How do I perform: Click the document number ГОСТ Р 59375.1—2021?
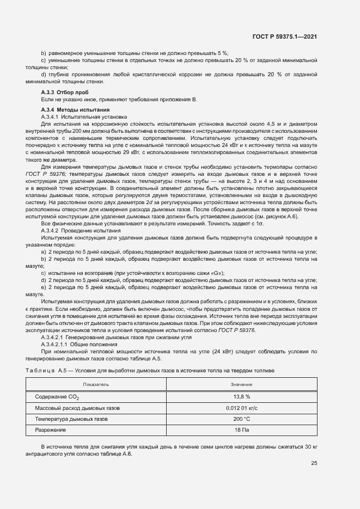(285, 36)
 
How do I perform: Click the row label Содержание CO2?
(57, 397)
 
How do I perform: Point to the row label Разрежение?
(51, 430)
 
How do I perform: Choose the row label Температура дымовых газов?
(71, 419)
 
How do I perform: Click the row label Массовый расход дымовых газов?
(77, 408)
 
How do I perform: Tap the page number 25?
(314, 463)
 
